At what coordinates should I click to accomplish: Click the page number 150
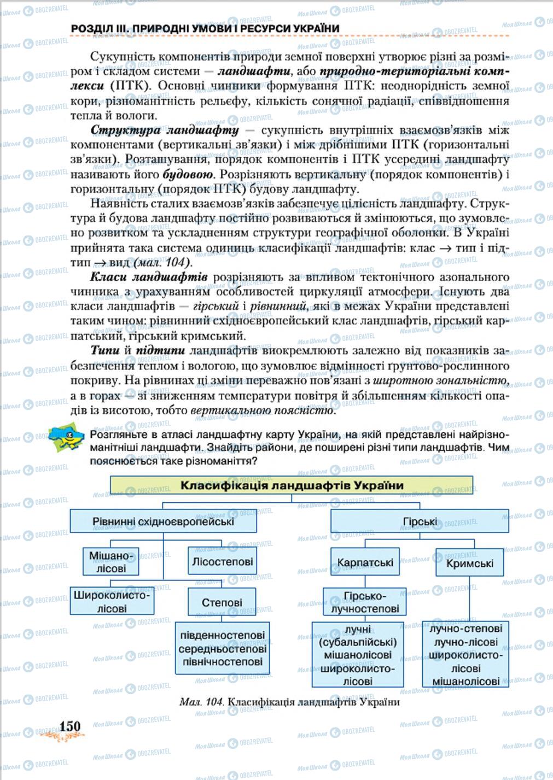(69, 726)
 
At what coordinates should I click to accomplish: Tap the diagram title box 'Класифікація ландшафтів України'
(292, 486)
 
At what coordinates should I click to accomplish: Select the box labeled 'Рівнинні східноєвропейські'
(163, 521)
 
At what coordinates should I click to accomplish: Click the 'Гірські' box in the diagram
(420, 521)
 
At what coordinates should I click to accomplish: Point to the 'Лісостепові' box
(222, 561)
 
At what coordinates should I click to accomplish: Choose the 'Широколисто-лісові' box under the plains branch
(112, 601)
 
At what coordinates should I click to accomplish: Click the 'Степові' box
(222, 602)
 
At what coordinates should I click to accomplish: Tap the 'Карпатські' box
(365, 562)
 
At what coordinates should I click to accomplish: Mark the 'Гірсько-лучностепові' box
(365, 602)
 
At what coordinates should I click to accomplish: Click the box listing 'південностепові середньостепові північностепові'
(223, 648)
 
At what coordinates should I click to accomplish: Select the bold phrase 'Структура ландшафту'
(165, 131)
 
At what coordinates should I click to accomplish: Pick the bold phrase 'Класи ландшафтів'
(148, 277)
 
